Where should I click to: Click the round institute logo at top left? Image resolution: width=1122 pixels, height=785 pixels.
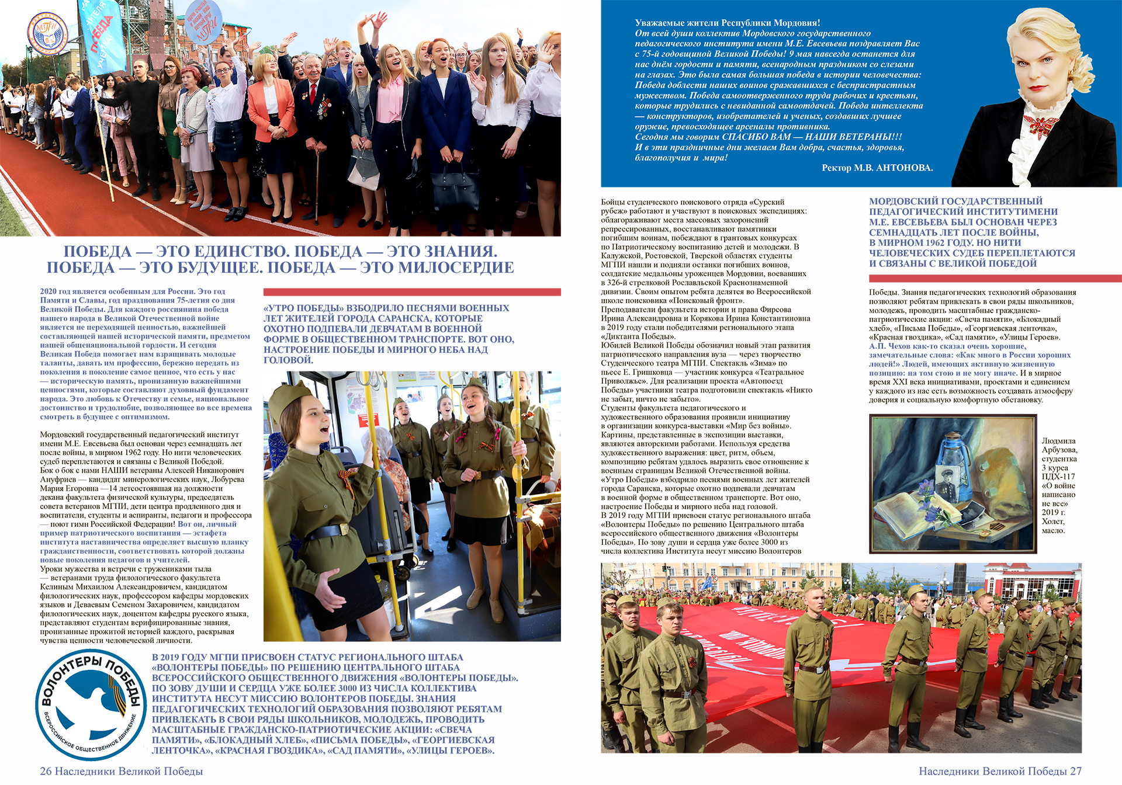[x=48, y=34]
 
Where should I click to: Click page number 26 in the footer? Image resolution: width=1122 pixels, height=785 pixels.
[x=46, y=771]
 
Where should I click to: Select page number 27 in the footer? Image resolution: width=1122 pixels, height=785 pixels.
[x=1075, y=771]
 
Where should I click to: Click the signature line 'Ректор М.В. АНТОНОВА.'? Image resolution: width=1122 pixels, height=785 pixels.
[x=877, y=168]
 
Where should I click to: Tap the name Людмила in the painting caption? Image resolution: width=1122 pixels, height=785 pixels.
[x=1058, y=441]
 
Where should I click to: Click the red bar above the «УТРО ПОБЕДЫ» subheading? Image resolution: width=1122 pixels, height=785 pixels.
[x=412, y=292]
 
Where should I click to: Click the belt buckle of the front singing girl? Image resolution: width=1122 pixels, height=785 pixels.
[x=343, y=529]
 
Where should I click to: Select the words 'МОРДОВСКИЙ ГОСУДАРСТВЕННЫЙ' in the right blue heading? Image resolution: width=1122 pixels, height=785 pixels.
[x=955, y=202]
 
